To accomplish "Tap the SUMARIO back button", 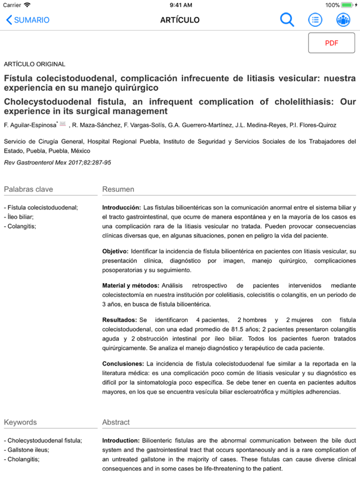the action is [28, 19].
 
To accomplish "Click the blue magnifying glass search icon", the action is [287, 19].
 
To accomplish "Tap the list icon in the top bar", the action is [316, 19].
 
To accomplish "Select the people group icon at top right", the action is [343, 19].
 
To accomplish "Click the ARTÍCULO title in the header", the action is [180, 19].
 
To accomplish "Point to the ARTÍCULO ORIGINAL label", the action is [34, 64].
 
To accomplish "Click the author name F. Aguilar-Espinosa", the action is [30, 125].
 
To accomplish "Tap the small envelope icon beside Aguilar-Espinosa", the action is [62, 124].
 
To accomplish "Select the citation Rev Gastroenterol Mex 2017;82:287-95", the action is [57, 162].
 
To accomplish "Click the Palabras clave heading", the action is [29, 189].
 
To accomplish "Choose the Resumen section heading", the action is [118, 189].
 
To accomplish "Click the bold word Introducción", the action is [121, 207].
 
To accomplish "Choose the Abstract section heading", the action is [116, 422].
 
